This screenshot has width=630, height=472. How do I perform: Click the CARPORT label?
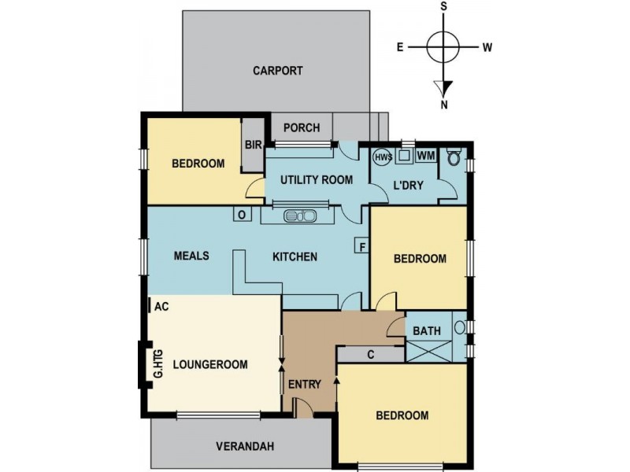(x=278, y=71)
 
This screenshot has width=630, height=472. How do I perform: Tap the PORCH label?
(x=302, y=127)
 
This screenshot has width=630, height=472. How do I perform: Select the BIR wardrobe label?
(x=253, y=145)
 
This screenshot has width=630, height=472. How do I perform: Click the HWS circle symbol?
(x=383, y=157)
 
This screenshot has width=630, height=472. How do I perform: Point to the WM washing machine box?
(x=426, y=155)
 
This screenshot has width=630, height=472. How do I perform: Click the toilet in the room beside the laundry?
(x=454, y=157)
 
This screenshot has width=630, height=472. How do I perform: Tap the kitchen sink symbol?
(x=300, y=216)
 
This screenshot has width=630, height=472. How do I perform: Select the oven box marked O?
(x=242, y=214)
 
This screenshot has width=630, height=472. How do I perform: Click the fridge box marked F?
(x=362, y=245)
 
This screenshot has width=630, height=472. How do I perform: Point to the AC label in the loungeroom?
(x=161, y=307)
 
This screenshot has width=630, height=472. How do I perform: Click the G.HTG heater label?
(x=158, y=364)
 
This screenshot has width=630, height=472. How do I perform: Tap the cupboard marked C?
(x=370, y=355)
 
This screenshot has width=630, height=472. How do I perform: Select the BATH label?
(x=427, y=331)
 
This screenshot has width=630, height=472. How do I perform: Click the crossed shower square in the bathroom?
(x=429, y=351)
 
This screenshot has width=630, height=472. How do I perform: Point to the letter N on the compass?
(x=444, y=105)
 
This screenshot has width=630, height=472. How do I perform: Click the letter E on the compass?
(x=400, y=47)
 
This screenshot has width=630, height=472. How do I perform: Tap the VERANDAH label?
(x=245, y=446)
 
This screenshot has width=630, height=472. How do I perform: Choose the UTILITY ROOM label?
(x=317, y=180)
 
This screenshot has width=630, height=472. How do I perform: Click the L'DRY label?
(x=408, y=185)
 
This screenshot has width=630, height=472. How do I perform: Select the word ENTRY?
(x=305, y=385)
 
